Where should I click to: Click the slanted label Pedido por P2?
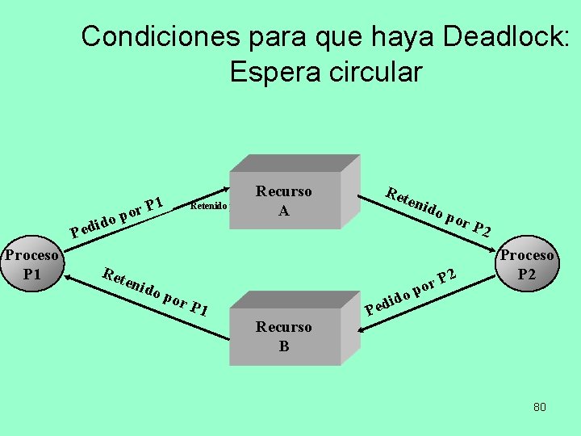[412, 290]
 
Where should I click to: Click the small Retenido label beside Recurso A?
[208, 206]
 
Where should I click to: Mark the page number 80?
[539, 407]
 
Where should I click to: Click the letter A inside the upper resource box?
[283, 212]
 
